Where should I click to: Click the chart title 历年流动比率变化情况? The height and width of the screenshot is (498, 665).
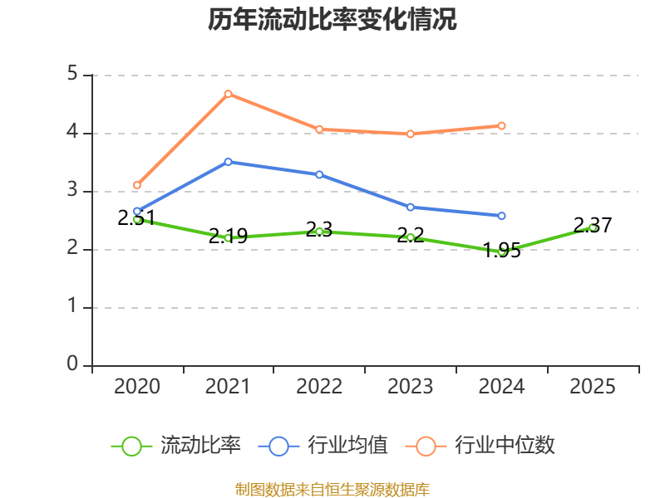(x=332, y=20)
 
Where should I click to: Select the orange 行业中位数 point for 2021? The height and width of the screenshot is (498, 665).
(x=228, y=94)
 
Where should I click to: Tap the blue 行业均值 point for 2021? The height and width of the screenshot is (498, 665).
(x=228, y=162)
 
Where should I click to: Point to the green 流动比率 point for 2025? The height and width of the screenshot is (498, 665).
(x=593, y=227)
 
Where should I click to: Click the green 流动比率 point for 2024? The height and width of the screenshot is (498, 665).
(x=502, y=251)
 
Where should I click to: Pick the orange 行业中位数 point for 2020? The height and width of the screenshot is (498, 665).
(x=137, y=185)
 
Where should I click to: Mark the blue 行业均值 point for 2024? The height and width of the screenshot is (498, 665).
(x=502, y=216)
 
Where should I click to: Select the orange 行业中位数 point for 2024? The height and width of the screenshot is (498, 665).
(x=502, y=126)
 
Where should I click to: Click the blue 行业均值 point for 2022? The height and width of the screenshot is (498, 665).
(x=319, y=174)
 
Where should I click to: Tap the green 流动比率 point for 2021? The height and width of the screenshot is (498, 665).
(x=228, y=237)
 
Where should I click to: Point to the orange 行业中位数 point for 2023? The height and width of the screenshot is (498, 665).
(x=411, y=134)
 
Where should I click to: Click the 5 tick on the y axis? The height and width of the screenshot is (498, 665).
(x=72, y=75)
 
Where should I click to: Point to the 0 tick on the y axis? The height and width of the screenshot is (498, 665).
(x=72, y=365)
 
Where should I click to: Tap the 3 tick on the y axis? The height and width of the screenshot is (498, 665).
(x=72, y=191)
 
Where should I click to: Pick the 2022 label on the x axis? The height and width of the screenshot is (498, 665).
(x=319, y=387)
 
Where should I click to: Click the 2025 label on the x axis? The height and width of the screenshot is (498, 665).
(x=593, y=387)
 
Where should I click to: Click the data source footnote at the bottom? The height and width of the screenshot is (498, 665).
(x=332, y=490)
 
